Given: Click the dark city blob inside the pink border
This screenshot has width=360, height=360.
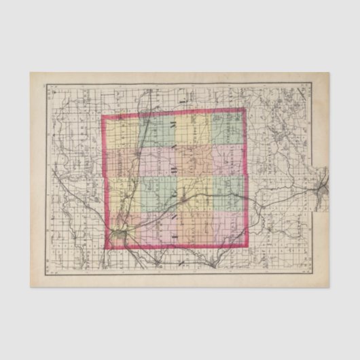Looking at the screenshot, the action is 120,234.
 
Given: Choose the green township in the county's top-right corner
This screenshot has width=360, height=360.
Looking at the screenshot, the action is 229,128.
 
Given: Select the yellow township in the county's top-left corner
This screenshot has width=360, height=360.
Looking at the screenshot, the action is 121,132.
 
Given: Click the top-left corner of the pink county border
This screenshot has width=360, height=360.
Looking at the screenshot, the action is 103,116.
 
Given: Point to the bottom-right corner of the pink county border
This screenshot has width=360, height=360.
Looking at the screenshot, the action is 247,247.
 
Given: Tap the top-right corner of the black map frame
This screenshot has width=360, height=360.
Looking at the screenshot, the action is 311,84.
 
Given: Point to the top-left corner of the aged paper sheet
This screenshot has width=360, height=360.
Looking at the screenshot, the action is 31,73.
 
